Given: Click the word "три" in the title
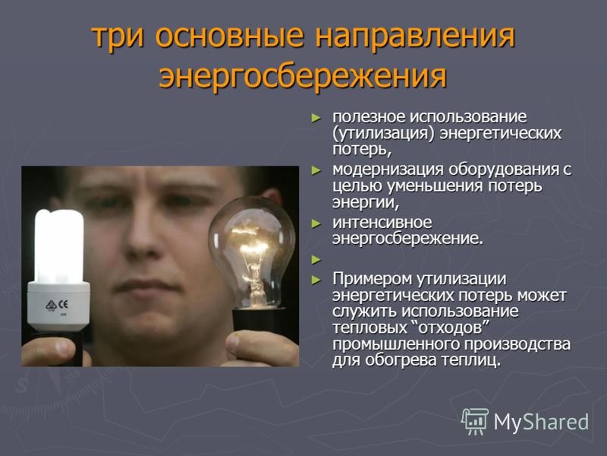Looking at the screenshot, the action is [118, 37].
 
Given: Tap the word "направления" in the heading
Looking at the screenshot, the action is [415, 37].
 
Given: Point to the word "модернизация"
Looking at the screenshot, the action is [388, 169].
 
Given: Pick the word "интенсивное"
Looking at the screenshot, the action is [382, 223].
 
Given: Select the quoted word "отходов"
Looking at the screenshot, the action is [449, 328].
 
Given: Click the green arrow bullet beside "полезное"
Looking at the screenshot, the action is [316, 118].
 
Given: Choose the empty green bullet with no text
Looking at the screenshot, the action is [316, 260].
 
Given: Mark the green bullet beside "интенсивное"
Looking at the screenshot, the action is [316, 223].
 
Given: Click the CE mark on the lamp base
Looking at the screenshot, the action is [63, 305].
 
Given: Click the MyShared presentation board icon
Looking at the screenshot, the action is [475, 422].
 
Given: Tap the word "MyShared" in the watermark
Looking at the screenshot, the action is [541, 422].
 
